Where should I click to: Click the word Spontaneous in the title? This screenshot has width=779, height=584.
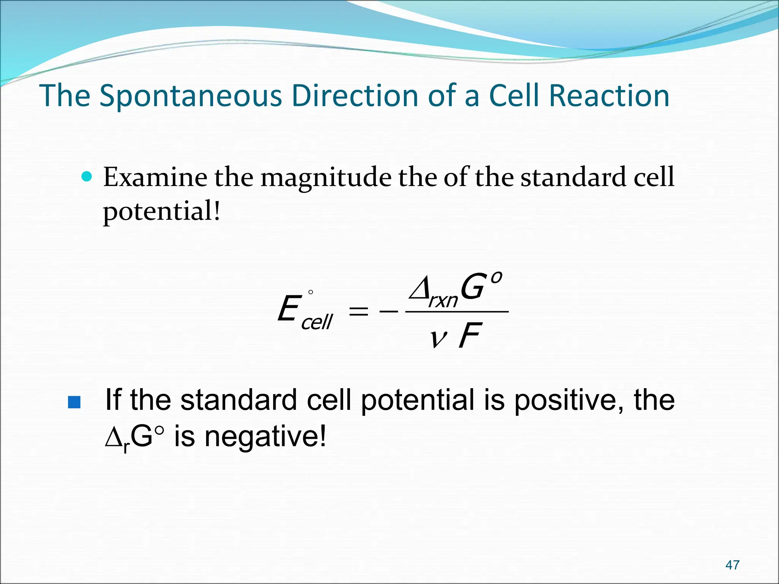[191, 96]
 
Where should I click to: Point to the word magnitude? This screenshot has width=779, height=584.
[326, 178]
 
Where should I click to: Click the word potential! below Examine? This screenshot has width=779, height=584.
[162, 211]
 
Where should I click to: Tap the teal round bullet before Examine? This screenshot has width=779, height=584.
[87, 176]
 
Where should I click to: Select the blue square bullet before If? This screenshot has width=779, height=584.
[74, 402]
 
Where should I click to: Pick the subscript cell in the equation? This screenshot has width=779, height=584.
[317, 322]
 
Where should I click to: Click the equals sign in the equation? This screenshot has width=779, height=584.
[359, 312]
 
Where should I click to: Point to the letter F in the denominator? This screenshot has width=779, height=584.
[470, 335]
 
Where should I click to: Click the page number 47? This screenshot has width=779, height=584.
[732, 565]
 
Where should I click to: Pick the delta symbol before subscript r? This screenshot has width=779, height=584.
[113, 438]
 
